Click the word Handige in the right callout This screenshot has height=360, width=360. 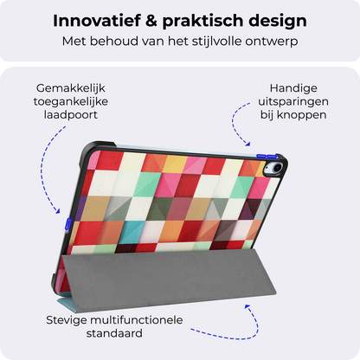tap(294, 88)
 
